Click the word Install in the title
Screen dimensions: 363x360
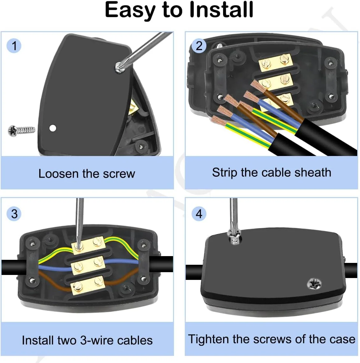pos(221,10)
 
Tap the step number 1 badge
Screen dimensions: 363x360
pos(14,46)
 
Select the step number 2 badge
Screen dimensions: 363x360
pos(199,46)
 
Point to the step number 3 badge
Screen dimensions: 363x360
pos(14,214)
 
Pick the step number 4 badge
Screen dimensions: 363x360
pos(199,214)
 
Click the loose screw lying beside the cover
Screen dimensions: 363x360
pos(22,130)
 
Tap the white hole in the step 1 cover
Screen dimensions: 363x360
pos(53,128)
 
